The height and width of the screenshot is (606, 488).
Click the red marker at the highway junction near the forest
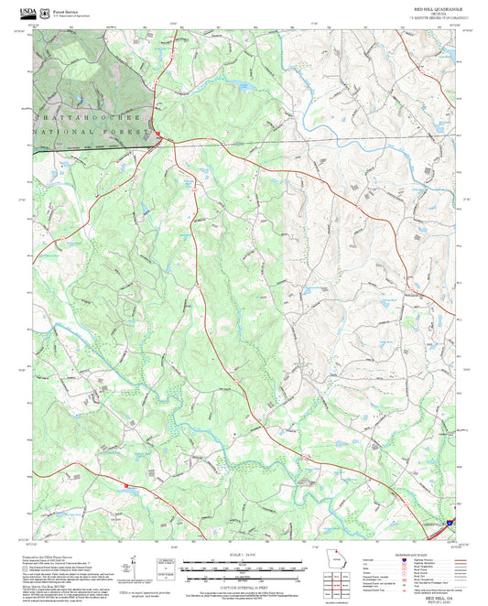point(157,135)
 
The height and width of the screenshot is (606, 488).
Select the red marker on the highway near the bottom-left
point(127,486)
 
